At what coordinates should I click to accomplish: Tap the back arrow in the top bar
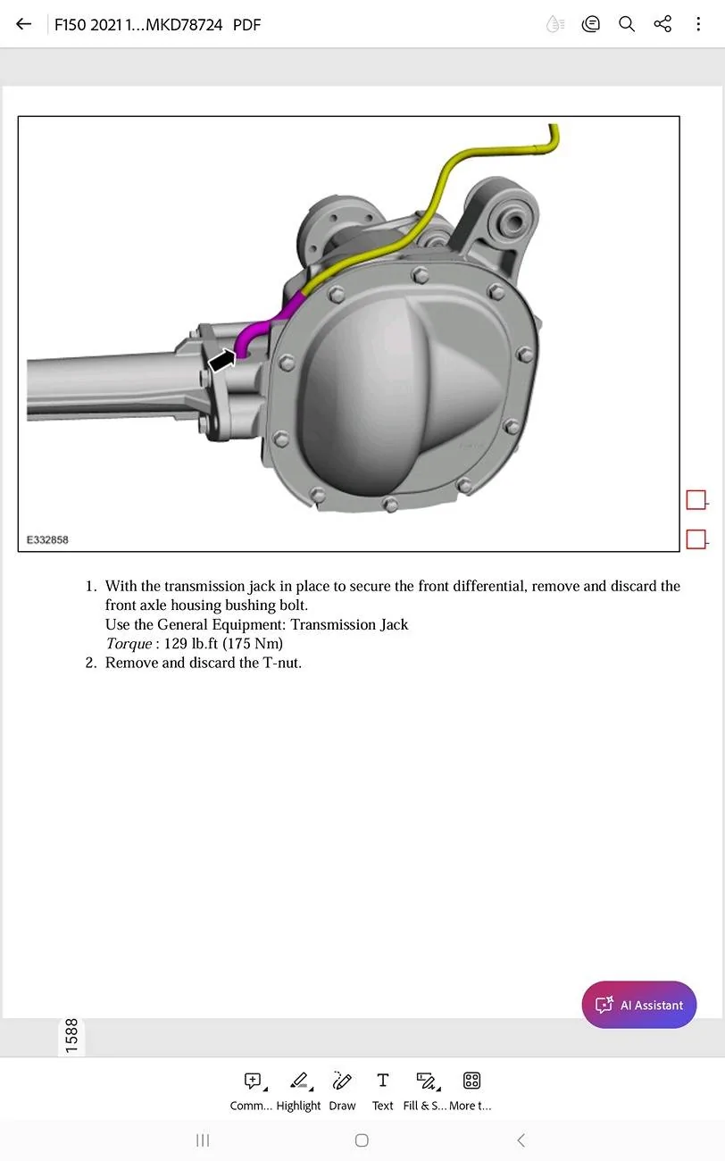pos(24,24)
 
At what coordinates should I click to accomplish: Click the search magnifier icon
pos(627,24)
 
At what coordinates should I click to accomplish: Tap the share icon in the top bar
pos(662,24)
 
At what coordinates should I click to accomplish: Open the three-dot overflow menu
pos(698,24)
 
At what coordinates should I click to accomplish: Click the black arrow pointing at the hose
pos(222,359)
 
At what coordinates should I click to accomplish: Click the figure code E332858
pos(47,540)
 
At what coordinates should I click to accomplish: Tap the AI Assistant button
pos(638,1005)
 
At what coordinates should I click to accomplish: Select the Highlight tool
pos(299,1082)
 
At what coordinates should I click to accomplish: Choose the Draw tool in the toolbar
pos(341,1082)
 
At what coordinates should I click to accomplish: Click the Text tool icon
pos(382,1082)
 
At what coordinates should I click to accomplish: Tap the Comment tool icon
pos(253,1082)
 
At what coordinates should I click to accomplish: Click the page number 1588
pos(71,1035)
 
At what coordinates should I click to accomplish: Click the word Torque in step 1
pos(129,644)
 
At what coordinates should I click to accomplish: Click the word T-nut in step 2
pos(280,663)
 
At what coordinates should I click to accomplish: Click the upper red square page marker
pos(696,500)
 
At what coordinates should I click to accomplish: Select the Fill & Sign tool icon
pos(426,1082)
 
